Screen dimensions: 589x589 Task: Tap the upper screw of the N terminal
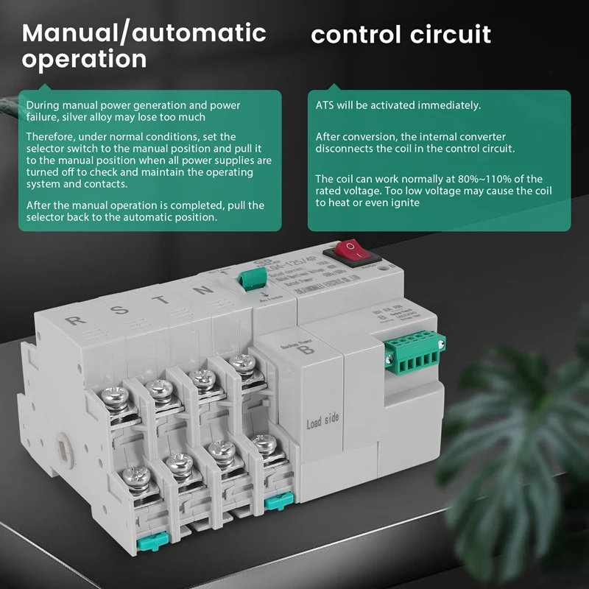click(239, 362)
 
